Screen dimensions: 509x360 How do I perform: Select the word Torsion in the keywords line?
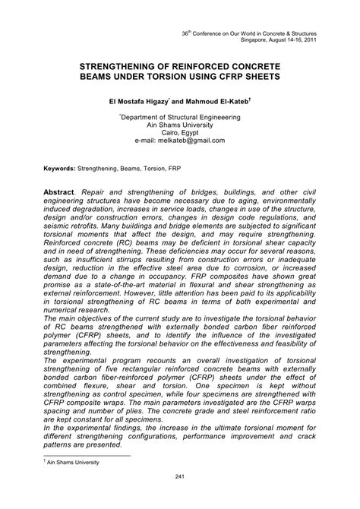click(x=149, y=164)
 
